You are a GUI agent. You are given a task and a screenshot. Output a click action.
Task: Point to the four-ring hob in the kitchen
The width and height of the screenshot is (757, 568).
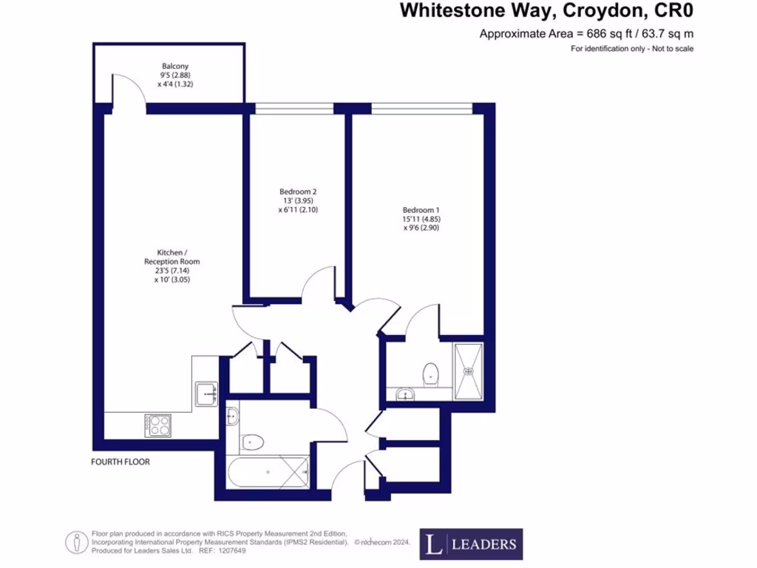pyautogui.click(x=159, y=425)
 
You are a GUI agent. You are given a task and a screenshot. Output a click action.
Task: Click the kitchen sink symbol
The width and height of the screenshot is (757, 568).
pyautogui.click(x=206, y=393)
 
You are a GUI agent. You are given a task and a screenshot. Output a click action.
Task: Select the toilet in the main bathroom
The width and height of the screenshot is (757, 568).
pyautogui.click(x=252, y=442)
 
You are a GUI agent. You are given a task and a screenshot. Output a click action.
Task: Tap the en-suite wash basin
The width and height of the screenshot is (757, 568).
pyautogui.click(x=404, y=394)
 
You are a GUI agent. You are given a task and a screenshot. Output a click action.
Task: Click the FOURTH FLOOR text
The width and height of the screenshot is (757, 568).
pyautogui.click(x=120, y=461)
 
